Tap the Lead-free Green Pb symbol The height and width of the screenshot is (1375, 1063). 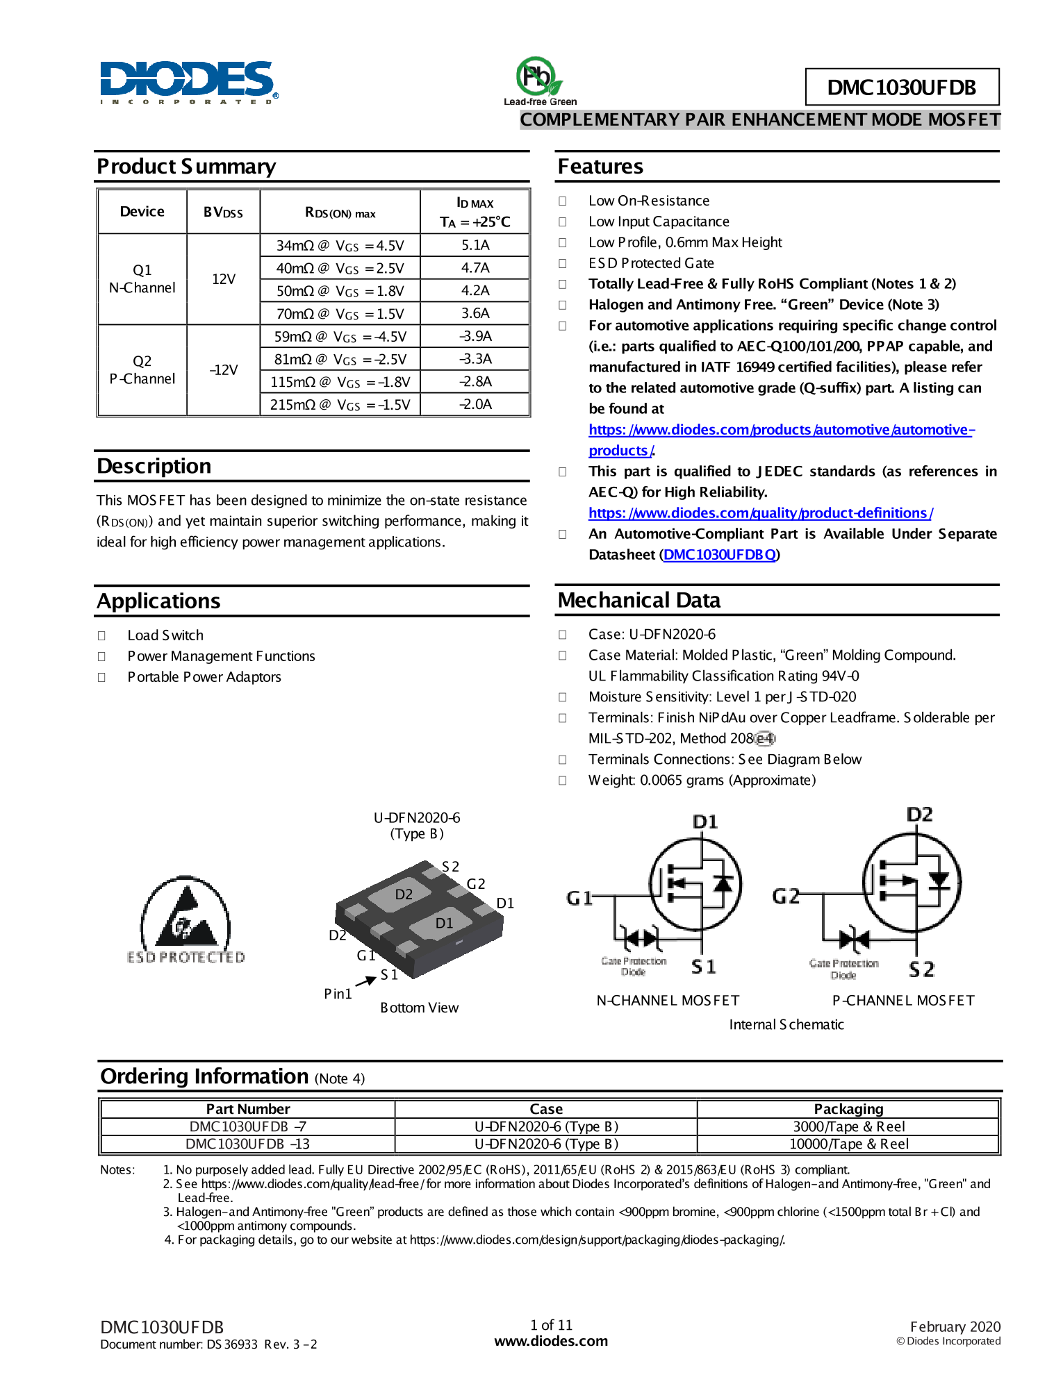pyautogui.click(x=538, y=78)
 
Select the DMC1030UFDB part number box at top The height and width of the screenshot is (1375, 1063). pyautogui.click(x=901, y=87)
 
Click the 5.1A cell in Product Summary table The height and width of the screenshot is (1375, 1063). pyautogui.click(x=475, y=245)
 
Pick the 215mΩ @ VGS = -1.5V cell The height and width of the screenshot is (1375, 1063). pyautogui.click(x=340, y=405)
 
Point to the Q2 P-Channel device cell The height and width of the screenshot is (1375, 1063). pyautogui.click(x=142, y=370)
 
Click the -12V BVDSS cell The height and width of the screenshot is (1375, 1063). pyautogui.click(x=224, y=370)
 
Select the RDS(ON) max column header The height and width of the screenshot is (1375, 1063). pyautogui.click(x=340, y=212)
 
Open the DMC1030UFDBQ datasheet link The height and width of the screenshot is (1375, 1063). pyautogui.click(x=719, y=555)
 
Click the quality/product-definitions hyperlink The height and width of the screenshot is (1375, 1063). pyautogui.click(x=760, y=513)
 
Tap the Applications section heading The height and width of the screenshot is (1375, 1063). pyautogui.click(x=159, y=601)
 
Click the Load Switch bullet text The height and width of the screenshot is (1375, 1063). pyautogui.click(x=165, y=635)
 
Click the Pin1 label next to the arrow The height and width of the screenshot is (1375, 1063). pyautogui.click(x=338, y=994)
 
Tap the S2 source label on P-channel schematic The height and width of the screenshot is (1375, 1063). pyautogui.click(x=921, y=969)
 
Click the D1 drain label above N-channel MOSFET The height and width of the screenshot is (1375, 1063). pyautogui.click(x=704, y=822)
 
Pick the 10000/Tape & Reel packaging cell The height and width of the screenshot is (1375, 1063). pyautogui.click(x=848, y=1144)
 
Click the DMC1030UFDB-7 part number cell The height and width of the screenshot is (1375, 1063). pyautogui.click(x=248, y=1126)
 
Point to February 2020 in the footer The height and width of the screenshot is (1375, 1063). pyautogui.click(x=955, y=1326)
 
